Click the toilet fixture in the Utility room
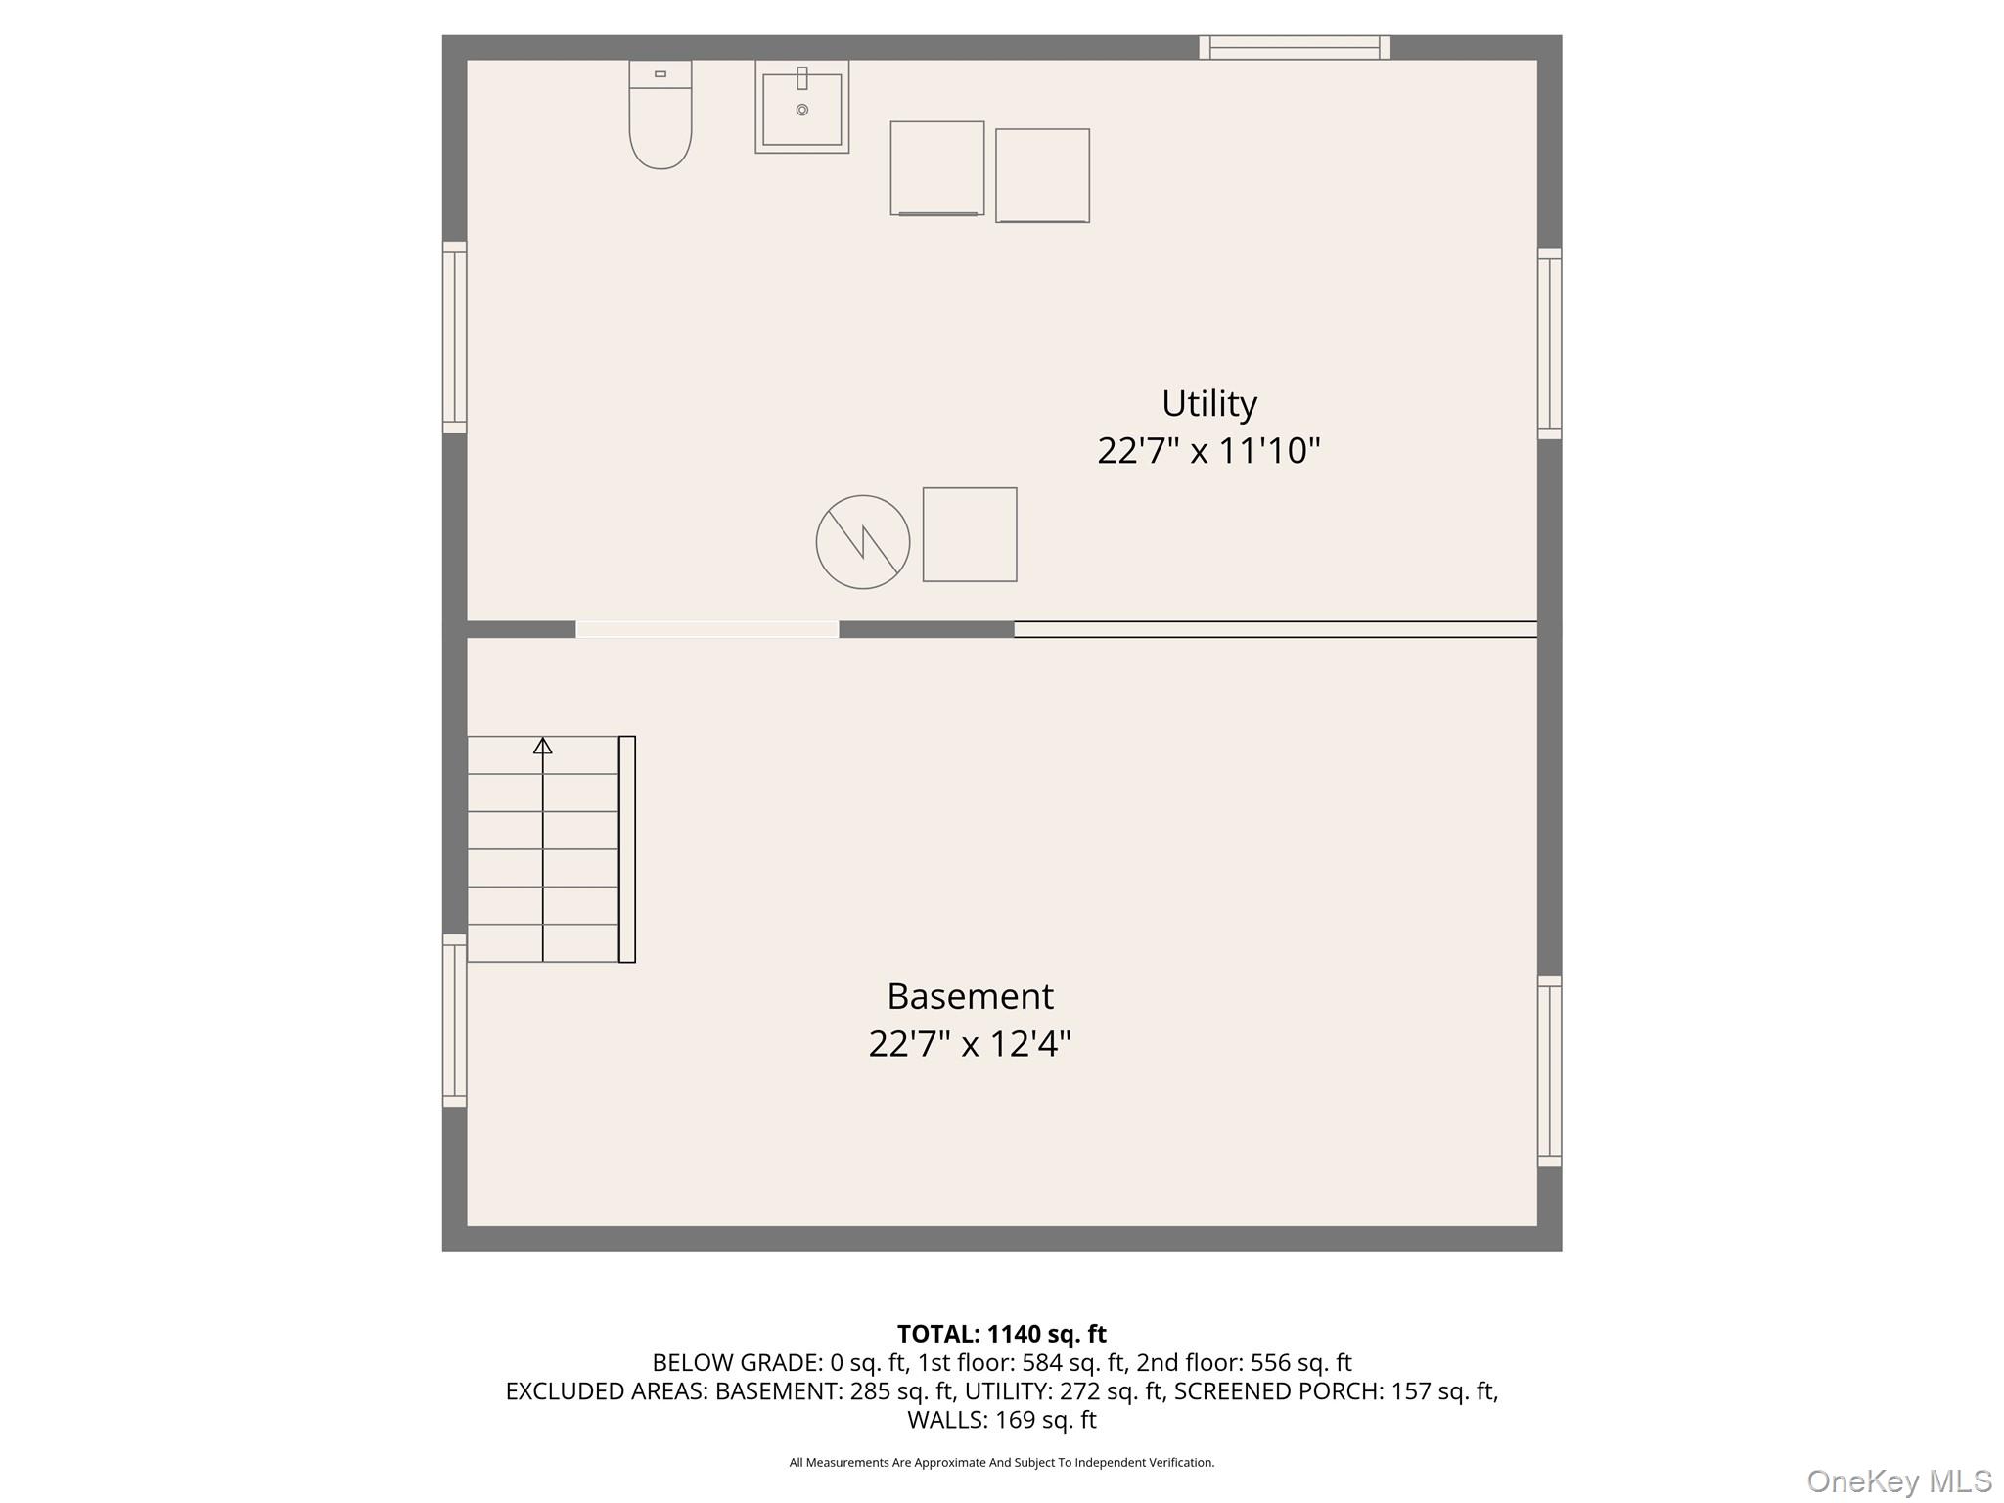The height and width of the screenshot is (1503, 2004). click(x=660, y=114)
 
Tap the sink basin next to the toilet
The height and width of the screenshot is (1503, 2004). click(x=801, y=107)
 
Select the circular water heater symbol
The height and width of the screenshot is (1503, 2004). click(x=863, y=542)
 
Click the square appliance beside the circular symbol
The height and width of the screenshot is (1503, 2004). click(x=970, y=535)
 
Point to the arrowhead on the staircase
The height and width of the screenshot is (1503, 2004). click(x=543, y=746)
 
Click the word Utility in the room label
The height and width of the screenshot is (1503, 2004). click(x=1209, y=403)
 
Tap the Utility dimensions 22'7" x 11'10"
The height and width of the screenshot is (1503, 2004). click(x=1209, y=451)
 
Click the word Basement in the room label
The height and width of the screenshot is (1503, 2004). click(x=971, y=996)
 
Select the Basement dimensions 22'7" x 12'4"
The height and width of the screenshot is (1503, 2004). click(x=971, y=1044)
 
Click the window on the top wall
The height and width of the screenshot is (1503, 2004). click(x=1295, y=47)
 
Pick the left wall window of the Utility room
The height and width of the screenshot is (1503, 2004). click(x=454, y=337)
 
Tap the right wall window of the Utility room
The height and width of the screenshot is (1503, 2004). click(x=1550, y=343)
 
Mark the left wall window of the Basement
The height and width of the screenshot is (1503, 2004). click(x=454, y=1021)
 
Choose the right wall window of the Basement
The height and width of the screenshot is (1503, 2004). click(x=1550, y=1070)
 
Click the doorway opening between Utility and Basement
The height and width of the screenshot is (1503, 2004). click(x=707, y=629)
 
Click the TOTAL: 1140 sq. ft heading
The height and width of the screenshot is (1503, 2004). click(x=1002, y=1334)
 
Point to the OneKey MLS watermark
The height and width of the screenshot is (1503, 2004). click(x=1899, y=1481)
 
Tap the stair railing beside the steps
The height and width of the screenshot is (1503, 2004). click(x=627, y=849)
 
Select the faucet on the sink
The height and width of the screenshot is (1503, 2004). click(x=802, y=78)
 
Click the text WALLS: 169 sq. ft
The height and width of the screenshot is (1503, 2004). click(x=1002, y=1420)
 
